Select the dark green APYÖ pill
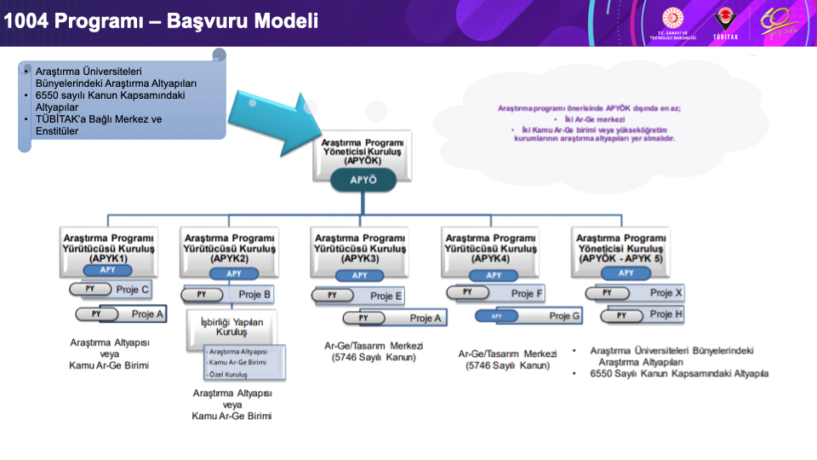[x=363, y=180]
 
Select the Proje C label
[x=133, y=290]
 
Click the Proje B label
[x=254, y=295]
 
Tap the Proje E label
[x=386, y=296]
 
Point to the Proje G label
[x=564, y=315]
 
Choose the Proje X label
[x=666, y=293]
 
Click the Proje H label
[x=666, y=314]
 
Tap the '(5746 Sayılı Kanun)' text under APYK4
[x=507, y=366]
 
